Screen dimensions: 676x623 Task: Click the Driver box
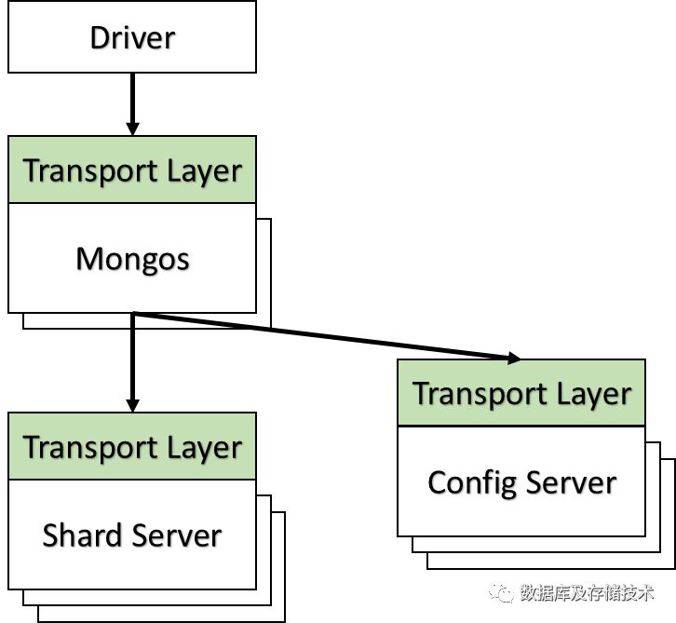(x=132, y=36)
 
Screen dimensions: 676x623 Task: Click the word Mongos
(x=132, y=260)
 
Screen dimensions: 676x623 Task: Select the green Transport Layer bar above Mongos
(x=132, y=169)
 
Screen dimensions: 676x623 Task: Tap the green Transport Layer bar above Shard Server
(x=132, y=446)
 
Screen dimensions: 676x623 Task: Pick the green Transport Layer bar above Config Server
(x=521, y=393)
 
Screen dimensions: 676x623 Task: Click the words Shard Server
(x=132, y=535)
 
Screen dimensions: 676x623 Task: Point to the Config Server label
(x=521, y=483)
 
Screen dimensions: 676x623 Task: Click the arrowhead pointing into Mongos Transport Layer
(x=132, y=129)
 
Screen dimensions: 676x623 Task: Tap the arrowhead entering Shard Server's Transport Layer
(x=132, y=405)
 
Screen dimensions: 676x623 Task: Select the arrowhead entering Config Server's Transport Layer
(x=513, y=358)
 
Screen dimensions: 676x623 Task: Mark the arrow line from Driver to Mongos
(x=132, y=104)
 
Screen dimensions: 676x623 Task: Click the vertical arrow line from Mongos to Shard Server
(x=132, y=362)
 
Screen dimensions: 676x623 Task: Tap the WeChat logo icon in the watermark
(x=501, y=593)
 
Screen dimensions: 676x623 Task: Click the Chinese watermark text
(x=587, y=593)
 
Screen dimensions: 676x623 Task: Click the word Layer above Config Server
(x=594, y=395)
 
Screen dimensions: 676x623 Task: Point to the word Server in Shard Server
(x=177, y=535)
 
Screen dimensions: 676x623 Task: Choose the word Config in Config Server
(x=472, y=483)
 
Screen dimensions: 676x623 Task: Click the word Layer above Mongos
(x=204, y=171)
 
